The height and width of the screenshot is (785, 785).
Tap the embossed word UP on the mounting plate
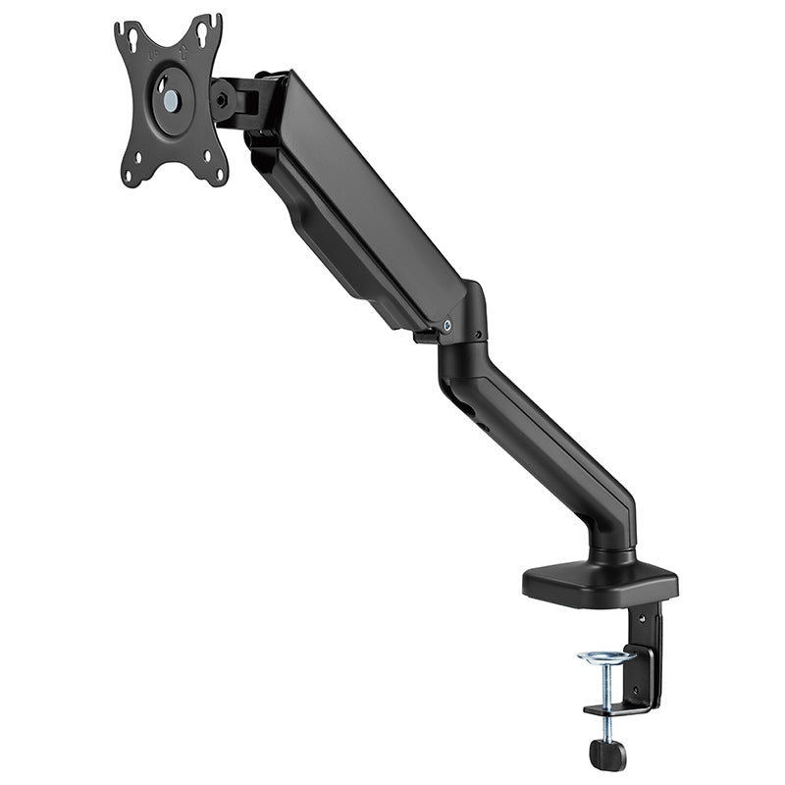click(153, 56)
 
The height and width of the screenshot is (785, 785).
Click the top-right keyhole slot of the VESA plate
click(206, 28)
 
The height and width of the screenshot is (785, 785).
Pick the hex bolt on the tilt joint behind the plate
click(222, 99)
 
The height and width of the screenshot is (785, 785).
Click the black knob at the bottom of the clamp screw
click(607, 754)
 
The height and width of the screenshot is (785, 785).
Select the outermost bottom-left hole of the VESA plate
click(129, 177)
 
